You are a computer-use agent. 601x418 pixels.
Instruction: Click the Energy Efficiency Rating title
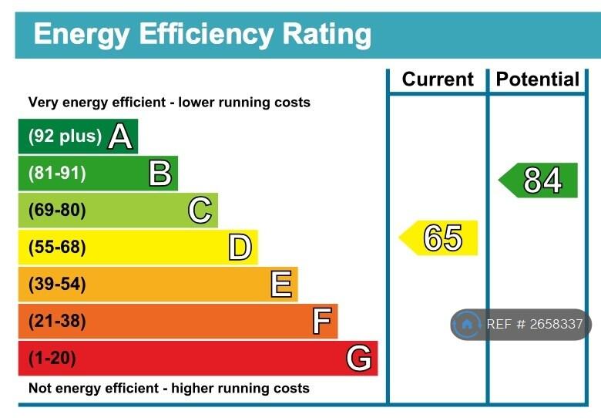coord(202,34)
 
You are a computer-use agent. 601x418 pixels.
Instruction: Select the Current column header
coord(438,79)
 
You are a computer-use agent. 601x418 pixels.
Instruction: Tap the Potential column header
coord(537,79)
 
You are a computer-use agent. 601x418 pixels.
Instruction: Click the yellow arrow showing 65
coord(439,238)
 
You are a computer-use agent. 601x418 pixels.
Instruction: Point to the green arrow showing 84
coord(539,180)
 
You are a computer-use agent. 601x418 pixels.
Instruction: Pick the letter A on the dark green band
coord(120,137)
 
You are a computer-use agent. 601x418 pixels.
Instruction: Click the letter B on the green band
coord(160,174)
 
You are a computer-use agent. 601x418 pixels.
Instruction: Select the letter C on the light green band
coord(200,211)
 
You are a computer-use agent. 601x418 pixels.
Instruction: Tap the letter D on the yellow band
coord(240,248)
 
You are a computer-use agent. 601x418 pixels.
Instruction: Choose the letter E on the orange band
coord(281,285)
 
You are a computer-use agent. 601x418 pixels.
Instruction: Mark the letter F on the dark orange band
coord(322,322)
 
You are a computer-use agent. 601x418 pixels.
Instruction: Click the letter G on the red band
coord(359,359)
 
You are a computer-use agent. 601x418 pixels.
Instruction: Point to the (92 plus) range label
coord(65,137)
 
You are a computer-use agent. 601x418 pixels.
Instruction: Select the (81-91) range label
coord(57,174)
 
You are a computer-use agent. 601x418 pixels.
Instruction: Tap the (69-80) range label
coord(57,211)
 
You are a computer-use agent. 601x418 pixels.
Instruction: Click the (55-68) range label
coord(57,248)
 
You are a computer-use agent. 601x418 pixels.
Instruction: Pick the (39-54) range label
coord(57,285)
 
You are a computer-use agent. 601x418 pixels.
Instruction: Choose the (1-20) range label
coord(52,359)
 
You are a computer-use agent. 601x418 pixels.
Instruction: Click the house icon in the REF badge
coord(467,325)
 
